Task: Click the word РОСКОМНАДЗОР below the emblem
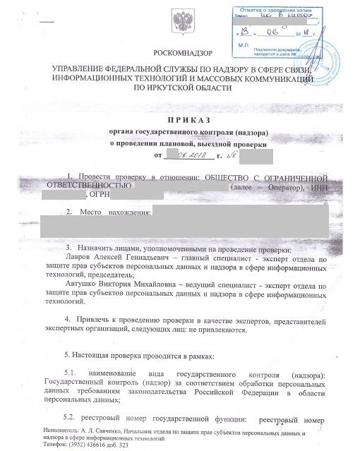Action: [180, 54]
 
